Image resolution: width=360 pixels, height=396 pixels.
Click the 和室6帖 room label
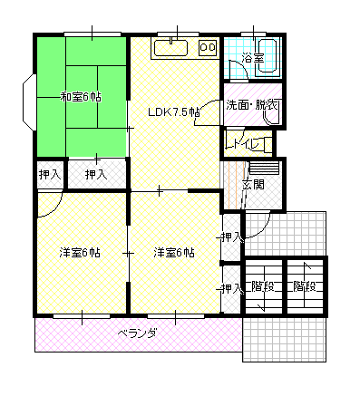[x=81, y=97]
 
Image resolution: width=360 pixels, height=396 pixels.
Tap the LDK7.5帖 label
[x=174, y=112]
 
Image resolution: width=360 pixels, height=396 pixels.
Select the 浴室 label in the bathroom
[x=253, y=58]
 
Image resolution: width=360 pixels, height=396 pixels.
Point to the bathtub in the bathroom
[x=268, y=56]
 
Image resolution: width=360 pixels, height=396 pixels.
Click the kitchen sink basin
[x=170, y=48]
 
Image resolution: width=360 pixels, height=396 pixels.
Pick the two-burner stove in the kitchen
[x=208, y=48]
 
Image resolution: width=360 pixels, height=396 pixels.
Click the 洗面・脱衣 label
[x=252, y=105]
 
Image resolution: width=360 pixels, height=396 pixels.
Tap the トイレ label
[x=244, y=144]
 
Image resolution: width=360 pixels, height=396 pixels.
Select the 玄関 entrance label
[x=253, y=184]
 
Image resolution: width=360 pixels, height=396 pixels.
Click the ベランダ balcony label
[x=137, y=333]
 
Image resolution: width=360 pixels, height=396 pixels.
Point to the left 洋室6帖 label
[x=80, y=253]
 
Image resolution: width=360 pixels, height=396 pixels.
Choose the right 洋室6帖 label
[x=174, y=253]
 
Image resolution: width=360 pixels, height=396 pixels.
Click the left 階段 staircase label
[x=263, y=286]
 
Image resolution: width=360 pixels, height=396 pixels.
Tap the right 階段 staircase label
[x=305, y=286]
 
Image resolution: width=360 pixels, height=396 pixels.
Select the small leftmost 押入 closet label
[x=50, y=175]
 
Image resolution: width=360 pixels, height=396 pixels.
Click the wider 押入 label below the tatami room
[x=96, y=175]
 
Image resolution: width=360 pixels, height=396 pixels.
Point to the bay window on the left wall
[x=29, y=102]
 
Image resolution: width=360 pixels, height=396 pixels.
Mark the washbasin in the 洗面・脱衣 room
[x=271, y=117]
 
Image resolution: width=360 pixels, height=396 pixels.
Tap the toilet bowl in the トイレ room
[x=268, y=144]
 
